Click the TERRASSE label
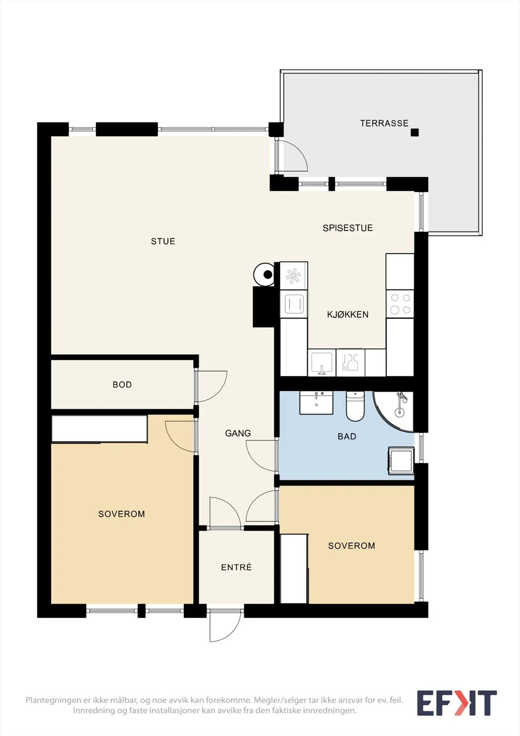click(384, 123)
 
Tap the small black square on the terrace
click(415, 132)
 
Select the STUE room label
click(163, 241)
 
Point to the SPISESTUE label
click(348, 228)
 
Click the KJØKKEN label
click(348, 315)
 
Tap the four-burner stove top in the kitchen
click(400, 304)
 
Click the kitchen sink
click(321, 363)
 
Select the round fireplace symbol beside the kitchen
click(264, 274)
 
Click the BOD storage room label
click(122, 385)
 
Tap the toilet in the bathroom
click(355, 406)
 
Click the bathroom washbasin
click(316, 402)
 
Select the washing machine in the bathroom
click(401, 460)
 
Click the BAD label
click(347, 437)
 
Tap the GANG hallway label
click(238, 433)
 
